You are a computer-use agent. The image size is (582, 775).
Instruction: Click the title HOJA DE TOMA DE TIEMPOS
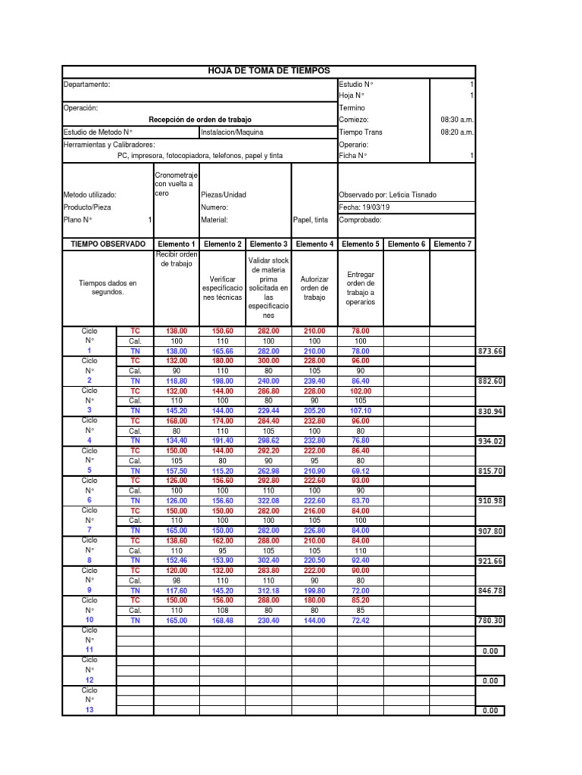269,70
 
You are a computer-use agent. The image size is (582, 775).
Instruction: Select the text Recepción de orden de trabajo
199,120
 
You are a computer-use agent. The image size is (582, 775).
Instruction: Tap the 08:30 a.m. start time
457,120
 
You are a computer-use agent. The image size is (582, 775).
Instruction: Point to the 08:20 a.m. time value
457,132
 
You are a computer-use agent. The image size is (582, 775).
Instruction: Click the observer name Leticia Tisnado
387,195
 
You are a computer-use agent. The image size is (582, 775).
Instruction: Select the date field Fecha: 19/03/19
365,207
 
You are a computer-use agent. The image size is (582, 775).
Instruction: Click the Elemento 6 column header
406,244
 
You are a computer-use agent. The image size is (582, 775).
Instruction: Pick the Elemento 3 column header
268,244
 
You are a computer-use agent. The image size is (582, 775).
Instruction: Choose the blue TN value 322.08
268,500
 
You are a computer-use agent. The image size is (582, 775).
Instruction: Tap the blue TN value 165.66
223,351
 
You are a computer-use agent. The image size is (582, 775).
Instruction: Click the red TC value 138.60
176,540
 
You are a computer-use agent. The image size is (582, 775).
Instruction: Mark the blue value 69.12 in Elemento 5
360,470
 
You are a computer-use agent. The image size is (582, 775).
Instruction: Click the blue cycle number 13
89,709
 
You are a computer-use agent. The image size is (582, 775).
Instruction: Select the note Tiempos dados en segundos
107,287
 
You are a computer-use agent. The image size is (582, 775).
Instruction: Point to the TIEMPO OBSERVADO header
107,244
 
